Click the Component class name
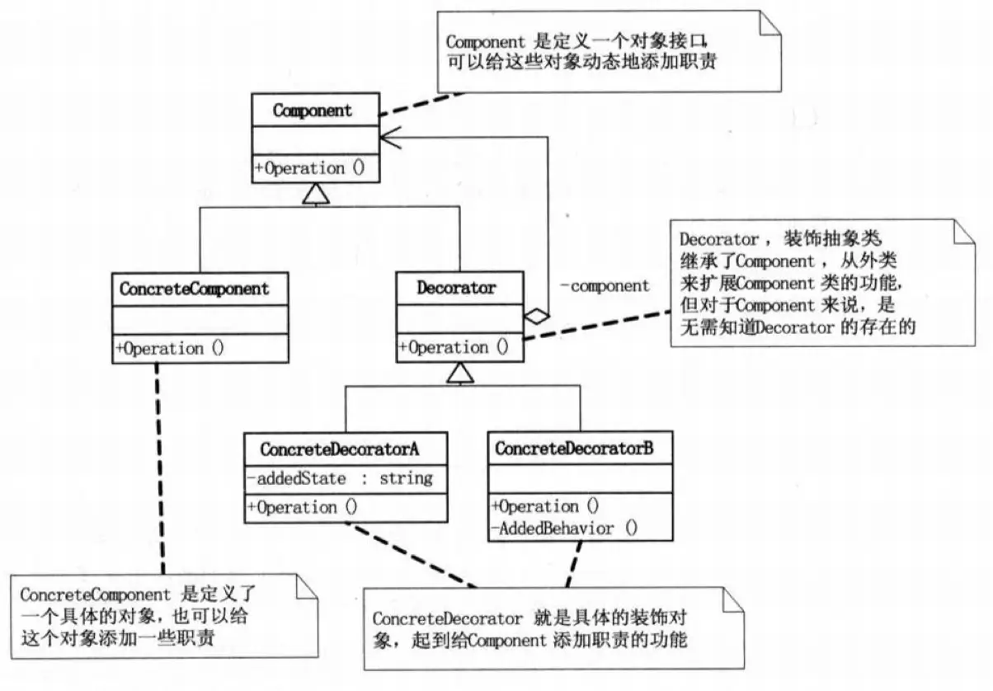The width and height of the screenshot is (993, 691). click(x=313, y=110)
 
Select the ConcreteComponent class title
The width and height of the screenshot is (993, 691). click(x=195, y=289)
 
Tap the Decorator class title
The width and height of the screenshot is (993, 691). click(x=456, y=288)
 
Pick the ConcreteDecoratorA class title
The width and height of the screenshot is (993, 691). click(x=340, y=449)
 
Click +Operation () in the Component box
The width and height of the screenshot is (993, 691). click(x=310, y=168)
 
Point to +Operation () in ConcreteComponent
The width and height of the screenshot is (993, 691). click(x=171, y=348)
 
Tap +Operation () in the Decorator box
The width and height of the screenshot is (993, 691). click(x=454, y=347)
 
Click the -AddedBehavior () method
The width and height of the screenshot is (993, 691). click(x=564, y=529)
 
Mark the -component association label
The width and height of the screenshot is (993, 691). click(x=605, y=287)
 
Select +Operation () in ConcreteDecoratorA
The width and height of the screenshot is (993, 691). click(x=302, y=507)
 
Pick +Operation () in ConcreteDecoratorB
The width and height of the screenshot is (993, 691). click(x=545, y=506)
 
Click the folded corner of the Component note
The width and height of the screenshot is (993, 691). click(x=769, y=23)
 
